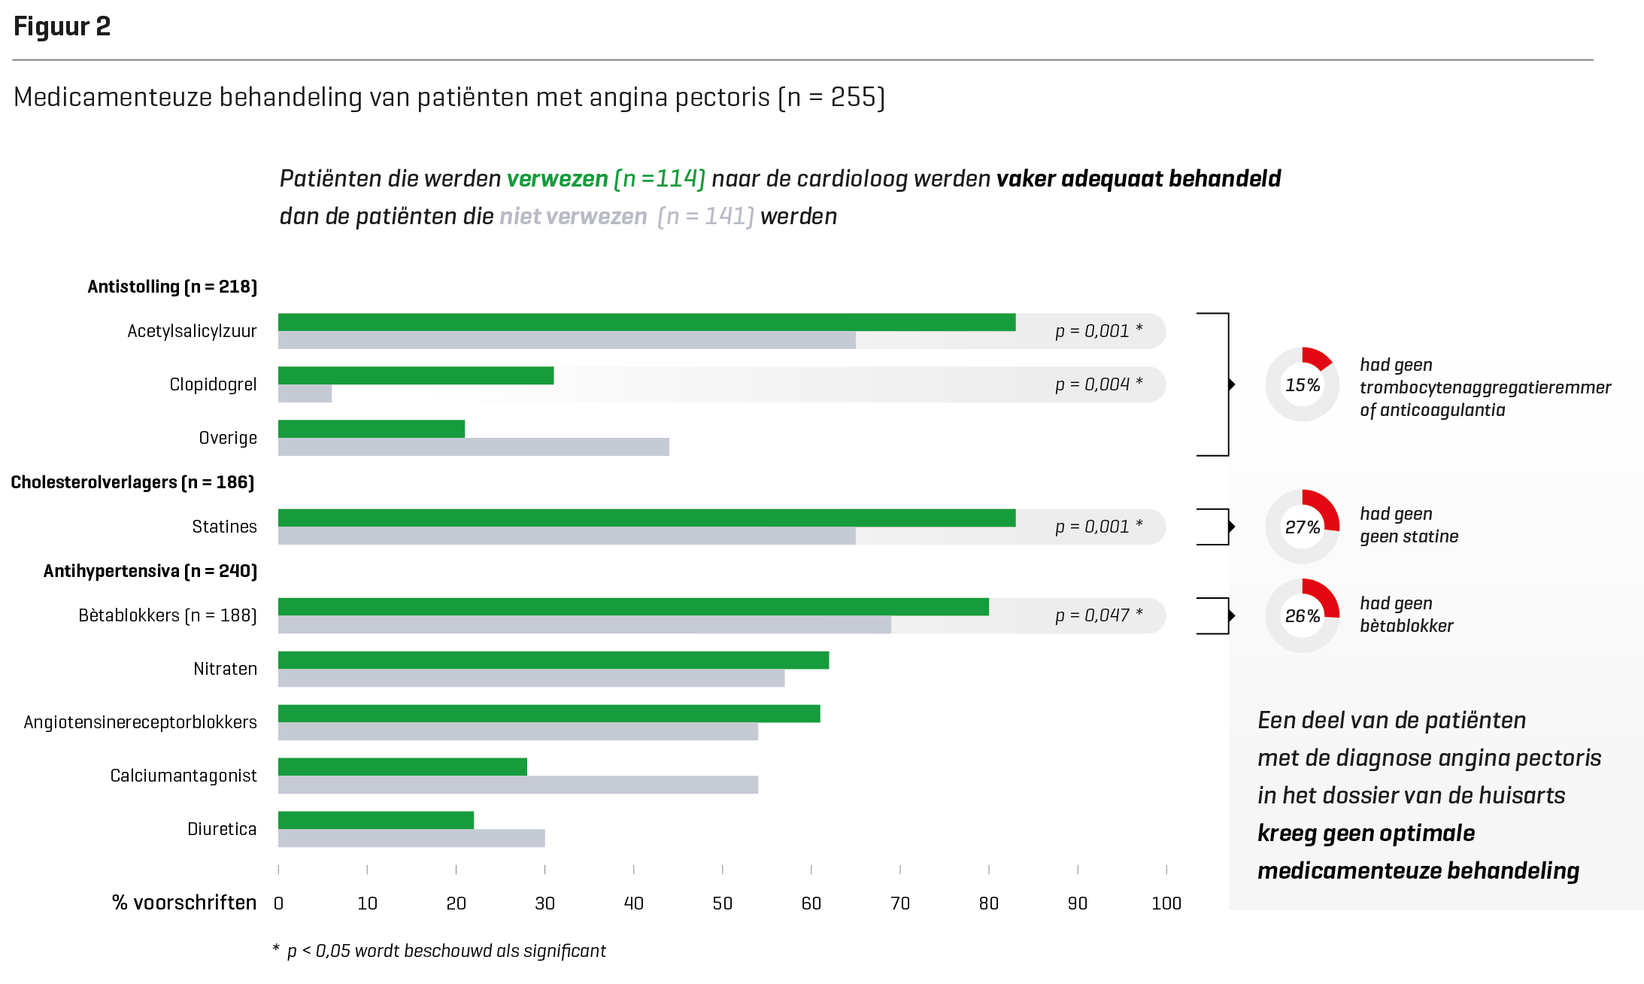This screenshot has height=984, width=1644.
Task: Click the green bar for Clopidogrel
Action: click(x=416, y=375)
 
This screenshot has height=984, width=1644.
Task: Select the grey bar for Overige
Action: click(x=474, y=447)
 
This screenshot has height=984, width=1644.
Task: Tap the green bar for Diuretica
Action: click(x=376, y=820)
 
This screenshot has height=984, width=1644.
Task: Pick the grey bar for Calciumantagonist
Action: click(x=518, y=785)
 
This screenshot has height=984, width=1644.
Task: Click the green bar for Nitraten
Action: click(x=554, y=660)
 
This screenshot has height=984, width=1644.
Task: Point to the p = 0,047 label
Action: click(x=1098, y=615)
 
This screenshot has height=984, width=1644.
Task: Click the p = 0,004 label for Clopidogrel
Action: click(x=1098, y=384)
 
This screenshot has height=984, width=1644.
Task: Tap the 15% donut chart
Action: click(x=1303, y=384)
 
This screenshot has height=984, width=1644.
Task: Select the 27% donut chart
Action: click(x=1303, y=527)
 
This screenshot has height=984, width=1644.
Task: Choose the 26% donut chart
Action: click(x=1303, y=615)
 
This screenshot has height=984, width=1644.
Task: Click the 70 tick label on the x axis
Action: click(x=899, y=904)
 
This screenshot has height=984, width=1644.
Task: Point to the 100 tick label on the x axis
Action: click(x=1166, y=904)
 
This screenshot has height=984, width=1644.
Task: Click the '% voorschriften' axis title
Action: click(x=184, y=903)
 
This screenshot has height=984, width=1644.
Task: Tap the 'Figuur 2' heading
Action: click(x=62, y=27)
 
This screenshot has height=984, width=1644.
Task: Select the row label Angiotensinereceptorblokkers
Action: click(x=141, y=722)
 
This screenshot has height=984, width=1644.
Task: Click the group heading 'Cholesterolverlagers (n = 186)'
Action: click(x=133, y=482)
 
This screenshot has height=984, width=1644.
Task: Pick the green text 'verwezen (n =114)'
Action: click(x=605, y=179)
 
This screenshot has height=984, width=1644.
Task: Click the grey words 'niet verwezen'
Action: click(x=573, y=217)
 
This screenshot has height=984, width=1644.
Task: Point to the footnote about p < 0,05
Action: click(x=440, y=951)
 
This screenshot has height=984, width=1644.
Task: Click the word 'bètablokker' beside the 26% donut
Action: click(x=1406, y=626)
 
